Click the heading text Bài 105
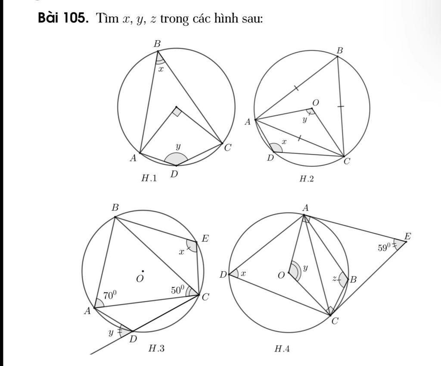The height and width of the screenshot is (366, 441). pyautogui.click(x=62, y=18)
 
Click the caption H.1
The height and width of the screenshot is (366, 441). pyautogui.click(x=149, y=178)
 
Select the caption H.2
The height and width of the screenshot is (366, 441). pyautogui.click(x=306, y=178)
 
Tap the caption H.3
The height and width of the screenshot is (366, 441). pyautogui.click(x=156, y=349)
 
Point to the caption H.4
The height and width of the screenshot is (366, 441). pyautogui.click(x=282, y=349)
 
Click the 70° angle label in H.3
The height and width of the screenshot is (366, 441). pyautogui.click(x=110, y=295)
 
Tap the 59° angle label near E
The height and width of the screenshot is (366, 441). pyautogui.click(x=385, y=247)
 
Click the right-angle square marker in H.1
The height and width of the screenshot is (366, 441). pyautogui.click(x=177, y=112)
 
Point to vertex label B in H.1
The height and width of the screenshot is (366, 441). pyautogui.click(x=157, y=44)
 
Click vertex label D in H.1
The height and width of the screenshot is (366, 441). pyautogui.click(x=174, y=175)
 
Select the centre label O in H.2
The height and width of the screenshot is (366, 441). pyautogui.click(x=316, y=103)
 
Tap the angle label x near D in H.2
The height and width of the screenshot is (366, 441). pyautogui.click(x=284, y=142)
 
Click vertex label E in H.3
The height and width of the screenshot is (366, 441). pyautogui.click(x=205, y=239)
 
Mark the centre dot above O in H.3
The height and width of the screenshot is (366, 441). pyautogui.click(x=143, y=271)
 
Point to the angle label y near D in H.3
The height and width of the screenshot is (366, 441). pyautogui.click(x=111, y=333)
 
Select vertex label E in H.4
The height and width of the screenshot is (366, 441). pyautogui.click(x=407, y=236)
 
